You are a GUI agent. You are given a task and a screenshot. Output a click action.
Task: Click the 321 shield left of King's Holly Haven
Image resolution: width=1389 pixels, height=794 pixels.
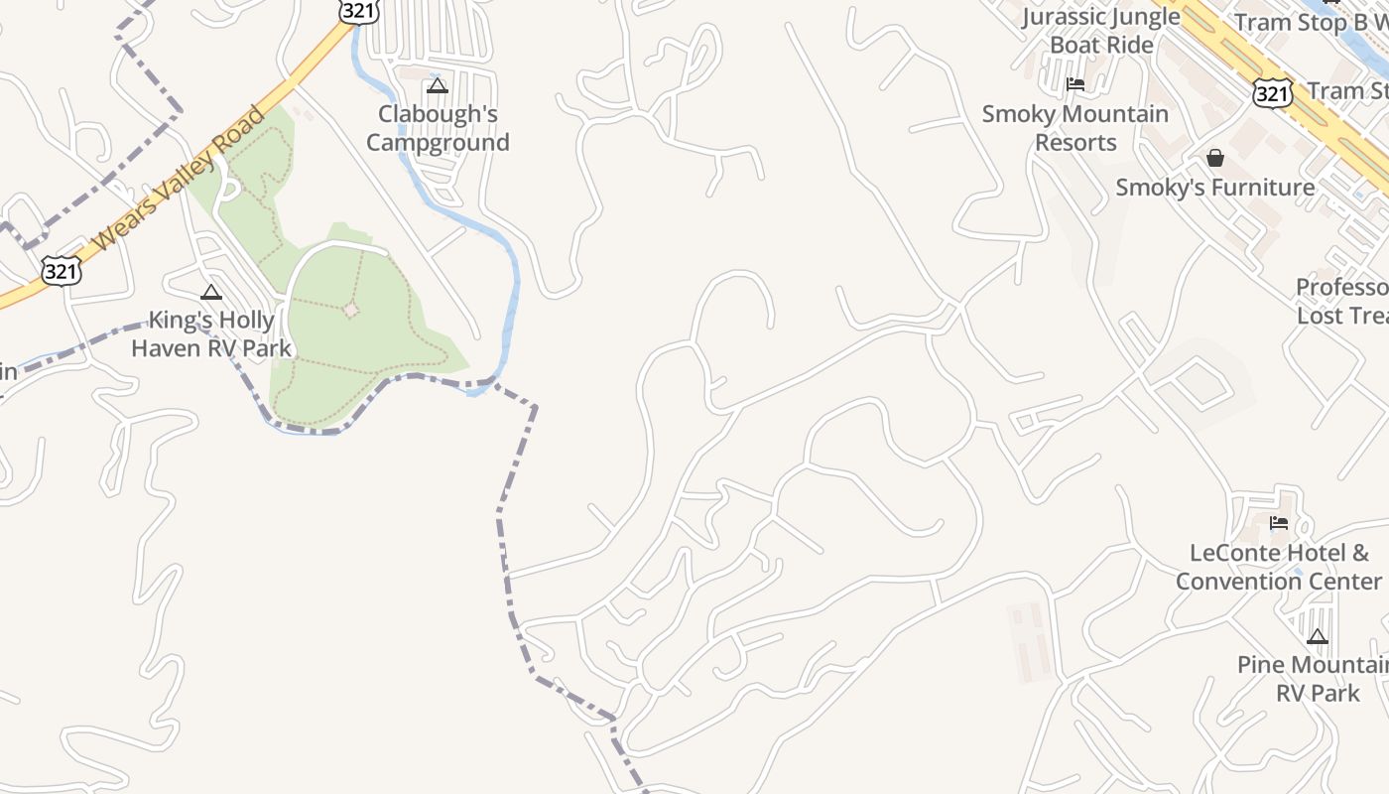[x=61, y=269]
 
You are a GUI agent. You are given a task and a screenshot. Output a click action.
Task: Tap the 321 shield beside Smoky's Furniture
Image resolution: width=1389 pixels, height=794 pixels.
[x=1272, y=92]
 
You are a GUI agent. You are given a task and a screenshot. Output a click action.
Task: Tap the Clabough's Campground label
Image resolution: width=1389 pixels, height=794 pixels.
[x=438, y=128]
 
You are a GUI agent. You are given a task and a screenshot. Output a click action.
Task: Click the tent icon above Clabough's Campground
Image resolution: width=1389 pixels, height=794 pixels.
[x=438, y=85]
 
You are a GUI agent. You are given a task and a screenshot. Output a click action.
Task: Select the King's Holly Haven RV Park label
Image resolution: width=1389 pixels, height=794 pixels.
[x=211, y=334]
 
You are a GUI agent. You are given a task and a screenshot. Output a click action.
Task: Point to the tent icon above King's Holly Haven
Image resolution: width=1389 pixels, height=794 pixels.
[x=210, y=292]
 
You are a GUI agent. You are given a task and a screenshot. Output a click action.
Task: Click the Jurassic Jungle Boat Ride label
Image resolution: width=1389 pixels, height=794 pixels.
[x=1101, y=31]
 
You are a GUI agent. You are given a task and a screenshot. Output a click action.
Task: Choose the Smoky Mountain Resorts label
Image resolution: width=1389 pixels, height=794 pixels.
[x=1075, y=128]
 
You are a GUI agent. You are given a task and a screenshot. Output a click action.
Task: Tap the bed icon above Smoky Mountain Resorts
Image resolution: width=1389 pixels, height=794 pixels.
[x=1075, y=84]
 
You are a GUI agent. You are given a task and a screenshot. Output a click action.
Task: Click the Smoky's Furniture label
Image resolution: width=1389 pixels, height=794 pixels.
[x=1215, y=188]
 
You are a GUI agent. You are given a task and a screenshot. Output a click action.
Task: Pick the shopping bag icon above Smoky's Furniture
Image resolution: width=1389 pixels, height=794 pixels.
[x=1215, y=158]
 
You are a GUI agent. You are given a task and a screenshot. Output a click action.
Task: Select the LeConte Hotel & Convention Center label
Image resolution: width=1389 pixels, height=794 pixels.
[x=1279, y=567]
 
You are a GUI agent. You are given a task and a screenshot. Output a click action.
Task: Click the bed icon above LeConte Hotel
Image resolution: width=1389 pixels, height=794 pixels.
[x=1279, y=523]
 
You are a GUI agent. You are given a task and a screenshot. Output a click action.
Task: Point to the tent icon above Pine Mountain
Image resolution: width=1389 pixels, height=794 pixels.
[x=1318, y=636]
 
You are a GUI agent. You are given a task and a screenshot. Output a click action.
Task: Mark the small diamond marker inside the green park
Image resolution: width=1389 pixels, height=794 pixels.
[x=350, y=310]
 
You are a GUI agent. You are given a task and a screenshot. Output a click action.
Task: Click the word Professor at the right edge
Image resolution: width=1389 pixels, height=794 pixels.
[x=1342, y=288]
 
